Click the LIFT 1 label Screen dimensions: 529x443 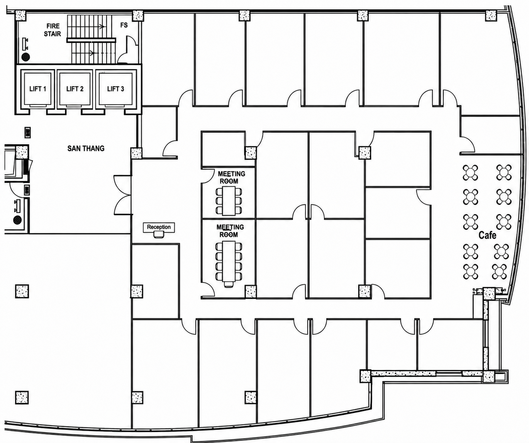click(x=38, y=89)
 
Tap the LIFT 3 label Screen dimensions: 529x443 click(x=115, y=89)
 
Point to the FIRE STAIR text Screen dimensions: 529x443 click(x=53, y=30)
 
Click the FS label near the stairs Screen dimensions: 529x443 click(x=124, y=25)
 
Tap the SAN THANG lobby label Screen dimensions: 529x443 click(x=86, y=148)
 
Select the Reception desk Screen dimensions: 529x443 click(x=159, y=227)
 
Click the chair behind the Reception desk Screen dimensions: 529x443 click(x=159, y=235)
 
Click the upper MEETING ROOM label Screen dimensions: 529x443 click(x=232, y=178)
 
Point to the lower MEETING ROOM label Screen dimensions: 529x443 click(x=230, y=231)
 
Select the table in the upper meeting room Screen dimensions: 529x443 click(x=229, y=201)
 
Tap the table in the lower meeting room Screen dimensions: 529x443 click(x=229, y=262)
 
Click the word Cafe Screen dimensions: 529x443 click(x=487, y=235)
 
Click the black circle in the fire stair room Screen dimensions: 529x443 click(x=25, y=57)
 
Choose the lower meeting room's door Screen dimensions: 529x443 click(x=208, y=289)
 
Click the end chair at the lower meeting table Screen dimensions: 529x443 click(x=229, y=284)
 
